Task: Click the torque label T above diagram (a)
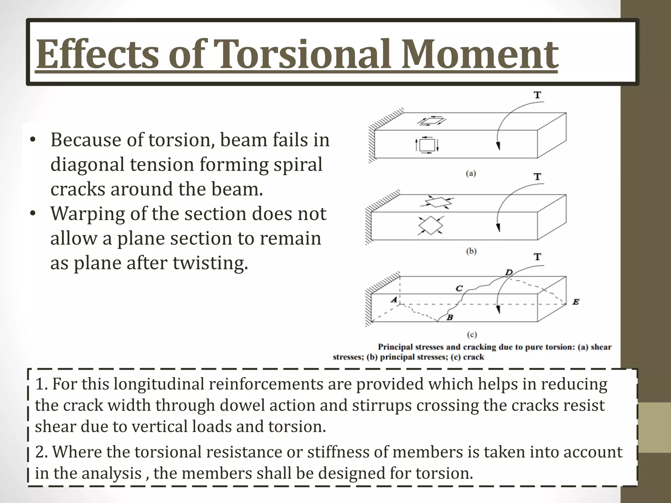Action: (537, 95)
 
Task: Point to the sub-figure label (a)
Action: (471, 174)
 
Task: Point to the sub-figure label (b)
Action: (471, 251)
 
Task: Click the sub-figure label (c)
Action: (471, 334)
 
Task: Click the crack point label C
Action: (459, 288)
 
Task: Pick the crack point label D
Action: (508, 272)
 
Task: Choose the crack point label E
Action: (576, 302)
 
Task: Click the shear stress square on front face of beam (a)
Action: (427, 145)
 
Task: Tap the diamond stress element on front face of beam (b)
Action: (431, 225)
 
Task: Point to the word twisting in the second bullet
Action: (210, 263)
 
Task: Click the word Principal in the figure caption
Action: (396, 347)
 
